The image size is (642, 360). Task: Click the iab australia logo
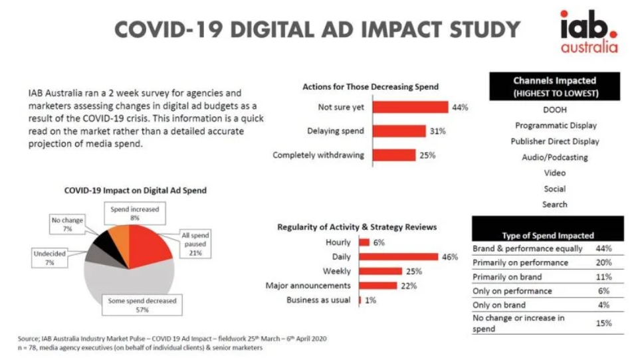[x=588, y=31]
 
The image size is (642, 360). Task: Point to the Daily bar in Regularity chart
[x=398, y=256]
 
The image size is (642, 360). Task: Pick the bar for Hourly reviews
[x=364, y=242]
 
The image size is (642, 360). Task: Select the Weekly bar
[x=380, y=271]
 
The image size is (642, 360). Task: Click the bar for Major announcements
[x=378, y=285]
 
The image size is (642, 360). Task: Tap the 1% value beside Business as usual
[x=370, y=300]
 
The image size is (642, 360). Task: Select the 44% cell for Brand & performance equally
[x=604, y=248]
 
